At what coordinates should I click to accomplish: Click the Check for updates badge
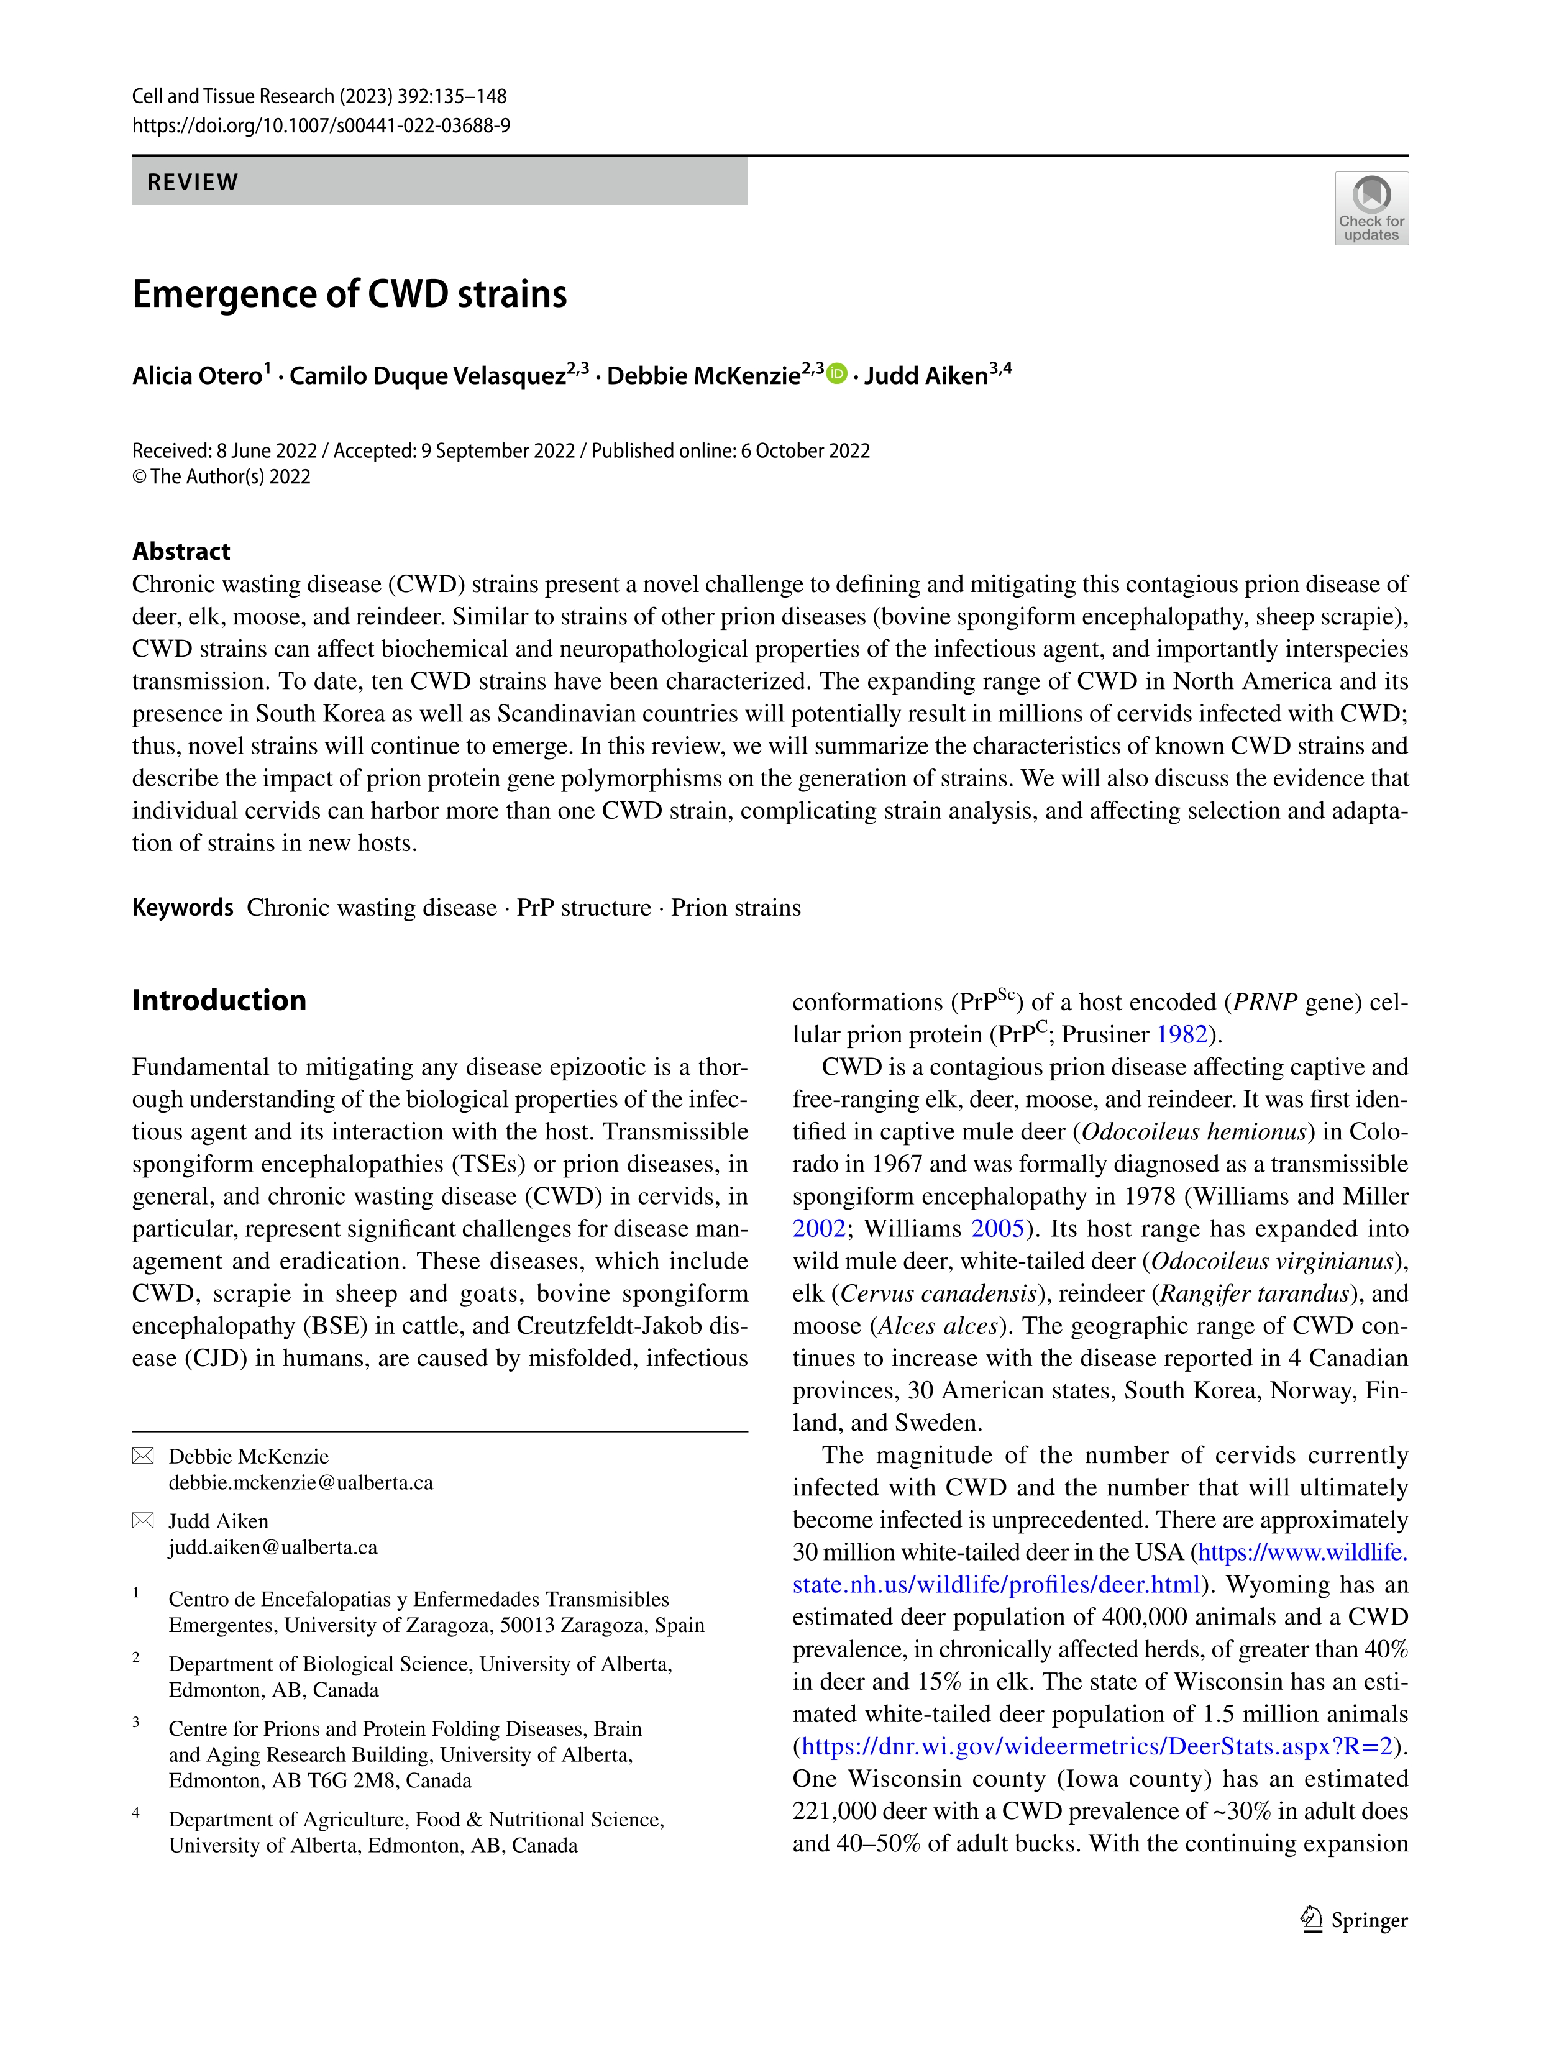click(1371, 208)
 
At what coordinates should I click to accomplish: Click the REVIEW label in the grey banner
click(193, 182)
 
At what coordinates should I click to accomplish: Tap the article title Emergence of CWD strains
click(349, 294)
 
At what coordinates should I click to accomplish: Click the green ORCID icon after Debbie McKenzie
click(836, 374)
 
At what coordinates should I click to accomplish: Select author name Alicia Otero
click(197, 376)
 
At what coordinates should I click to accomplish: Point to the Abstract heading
click(181, 552)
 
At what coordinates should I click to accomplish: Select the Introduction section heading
click(219, 1000)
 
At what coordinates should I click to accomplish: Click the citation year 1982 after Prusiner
click(1182, 1034)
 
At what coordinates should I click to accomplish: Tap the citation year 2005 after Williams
click(997, 1229)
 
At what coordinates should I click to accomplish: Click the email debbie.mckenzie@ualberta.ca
click(301, 1482)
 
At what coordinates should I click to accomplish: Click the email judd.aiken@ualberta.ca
click(273, 1548)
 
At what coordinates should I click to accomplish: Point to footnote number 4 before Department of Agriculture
click(136, 1813)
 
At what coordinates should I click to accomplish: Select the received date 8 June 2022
click(267, 450)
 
